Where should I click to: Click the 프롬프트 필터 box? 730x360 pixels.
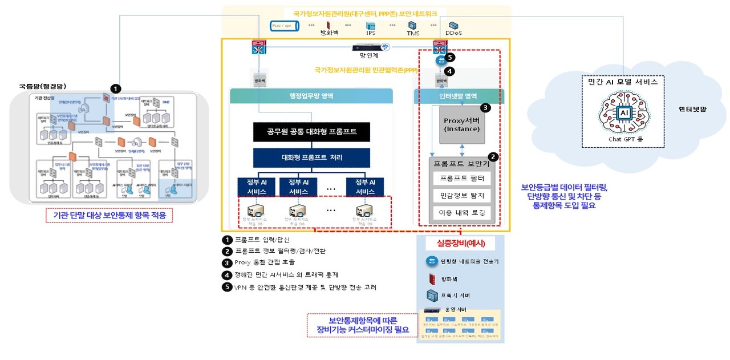(x=463, y=179)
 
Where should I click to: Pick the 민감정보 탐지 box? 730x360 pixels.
(x=463, y=196)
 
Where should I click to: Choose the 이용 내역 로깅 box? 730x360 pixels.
(x=463, y=213)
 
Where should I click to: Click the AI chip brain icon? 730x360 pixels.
(x=623, y=114)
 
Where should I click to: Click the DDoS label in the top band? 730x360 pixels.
(x=454, y=33)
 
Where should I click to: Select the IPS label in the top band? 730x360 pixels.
(x=371, y=33)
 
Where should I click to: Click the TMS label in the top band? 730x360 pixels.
(x=413, y=33)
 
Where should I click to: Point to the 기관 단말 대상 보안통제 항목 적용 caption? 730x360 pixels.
(x=108, y=215)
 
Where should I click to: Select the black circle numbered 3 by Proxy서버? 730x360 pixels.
(x=485, y=107)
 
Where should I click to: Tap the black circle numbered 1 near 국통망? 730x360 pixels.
(x=116, y=89)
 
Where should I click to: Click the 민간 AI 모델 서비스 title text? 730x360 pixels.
(x=623, y=82)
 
